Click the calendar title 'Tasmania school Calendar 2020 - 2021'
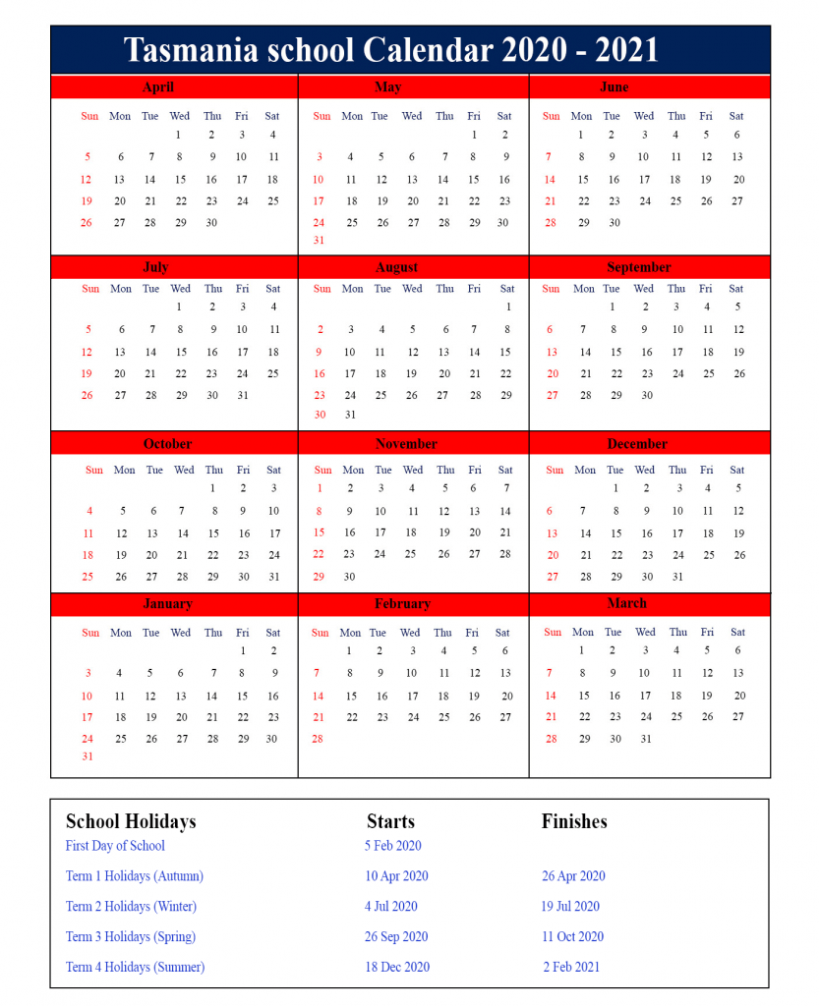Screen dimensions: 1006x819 tap(391, 50)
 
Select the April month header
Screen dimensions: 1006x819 tap(157, 87)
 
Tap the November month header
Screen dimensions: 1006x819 tap(406, 444)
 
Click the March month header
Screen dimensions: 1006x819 tap(627, 603)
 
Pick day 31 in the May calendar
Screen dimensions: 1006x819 tap(319, 241)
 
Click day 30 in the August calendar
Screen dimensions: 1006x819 tap(320, 415)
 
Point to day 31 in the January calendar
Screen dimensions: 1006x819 tap(88, 756)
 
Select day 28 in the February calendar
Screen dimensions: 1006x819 tap(317, 739)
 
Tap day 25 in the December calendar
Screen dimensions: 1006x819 tap(708, 555)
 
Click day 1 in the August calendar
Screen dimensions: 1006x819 tap(508, 307)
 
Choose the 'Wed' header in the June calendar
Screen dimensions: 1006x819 tap(644, 116)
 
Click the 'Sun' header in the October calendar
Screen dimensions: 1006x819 tap(93, 470)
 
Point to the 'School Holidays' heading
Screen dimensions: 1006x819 tap(131, 821)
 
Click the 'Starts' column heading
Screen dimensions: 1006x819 tap(390, 821)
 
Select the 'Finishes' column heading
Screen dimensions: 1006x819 tap(574, 821)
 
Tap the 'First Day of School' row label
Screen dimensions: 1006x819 tap(115, 846)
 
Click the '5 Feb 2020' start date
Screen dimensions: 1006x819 tap(392, 846)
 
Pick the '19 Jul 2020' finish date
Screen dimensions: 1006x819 tap(570, 907)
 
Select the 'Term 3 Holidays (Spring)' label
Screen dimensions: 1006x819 tap(131, 937)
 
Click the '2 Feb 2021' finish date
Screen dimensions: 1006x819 tap(571, 968)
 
